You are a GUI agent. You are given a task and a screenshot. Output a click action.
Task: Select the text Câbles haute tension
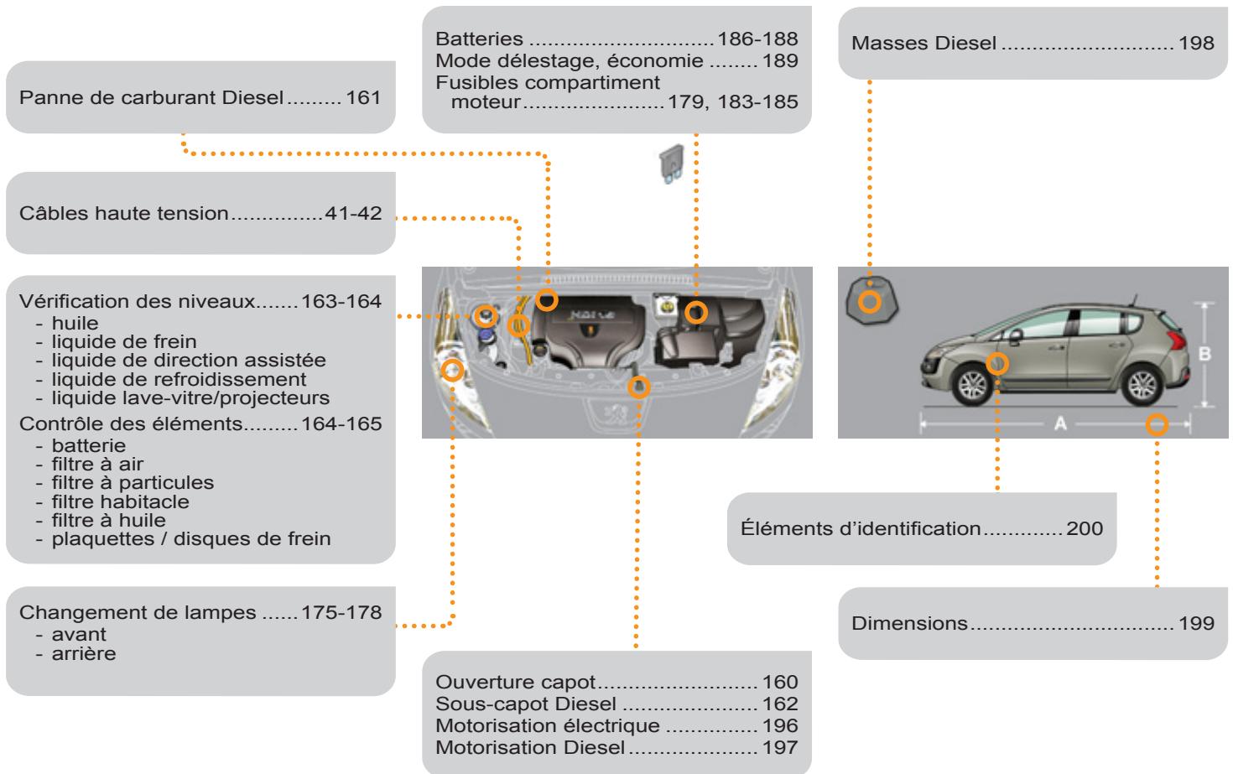click(x=123, y=214)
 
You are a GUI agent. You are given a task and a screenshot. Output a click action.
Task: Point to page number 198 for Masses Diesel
click(x=1196, y=44)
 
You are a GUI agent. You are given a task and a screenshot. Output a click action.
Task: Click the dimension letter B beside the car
click(x=1205, y=354)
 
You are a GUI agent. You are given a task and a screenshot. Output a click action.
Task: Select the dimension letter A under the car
click(x=1060, y=424)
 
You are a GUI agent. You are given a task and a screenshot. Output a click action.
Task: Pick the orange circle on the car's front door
click(x=997, y=363)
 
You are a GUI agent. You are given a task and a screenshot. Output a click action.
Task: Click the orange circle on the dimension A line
click(x=1157, y=424)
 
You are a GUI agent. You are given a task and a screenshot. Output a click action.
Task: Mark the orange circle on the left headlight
click(x=452, y=370)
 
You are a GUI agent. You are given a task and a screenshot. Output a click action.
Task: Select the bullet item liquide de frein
click(x=124, y=341)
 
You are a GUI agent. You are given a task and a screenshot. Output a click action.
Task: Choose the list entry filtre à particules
click(x=133, y=482)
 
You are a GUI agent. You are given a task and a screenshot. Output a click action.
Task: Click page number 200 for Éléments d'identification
click(x=1085, y=529)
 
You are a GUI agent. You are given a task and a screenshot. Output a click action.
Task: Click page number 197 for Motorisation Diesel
click(x=780, y=747)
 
